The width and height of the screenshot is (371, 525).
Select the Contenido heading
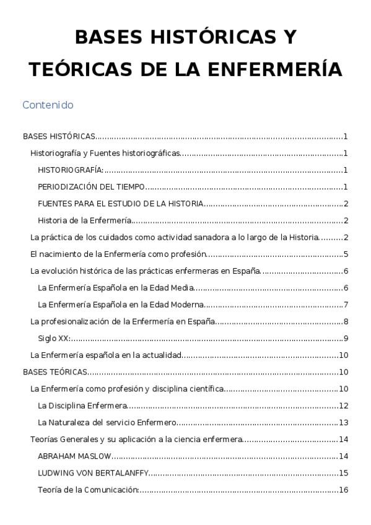48,105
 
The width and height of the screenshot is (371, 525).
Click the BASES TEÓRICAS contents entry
55,372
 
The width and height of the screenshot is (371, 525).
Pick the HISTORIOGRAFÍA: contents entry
70,170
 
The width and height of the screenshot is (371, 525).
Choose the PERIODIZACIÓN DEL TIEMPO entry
91,187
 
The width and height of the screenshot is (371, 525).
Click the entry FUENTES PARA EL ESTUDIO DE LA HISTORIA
120,204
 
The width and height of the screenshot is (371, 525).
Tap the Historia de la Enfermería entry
84,220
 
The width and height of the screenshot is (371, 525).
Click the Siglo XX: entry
54,338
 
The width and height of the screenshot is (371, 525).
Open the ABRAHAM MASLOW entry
74,456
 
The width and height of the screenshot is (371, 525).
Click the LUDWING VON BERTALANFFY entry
93,473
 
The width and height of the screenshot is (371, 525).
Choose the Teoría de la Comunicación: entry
87,490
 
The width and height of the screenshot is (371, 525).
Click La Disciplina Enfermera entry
82,406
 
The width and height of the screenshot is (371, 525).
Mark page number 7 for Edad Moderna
346,305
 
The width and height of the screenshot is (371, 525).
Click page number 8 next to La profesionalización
346,321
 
